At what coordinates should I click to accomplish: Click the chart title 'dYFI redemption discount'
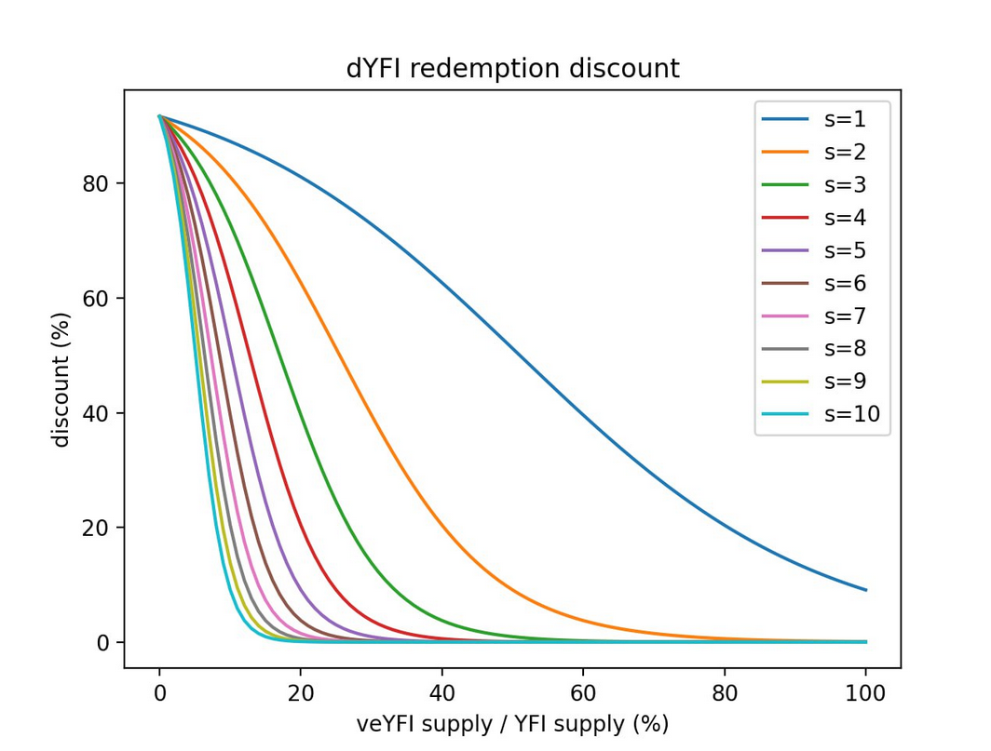coord(512,69)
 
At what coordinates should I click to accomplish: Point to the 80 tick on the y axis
coord(97,183)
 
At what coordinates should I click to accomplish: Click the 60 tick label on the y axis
coord(97,299)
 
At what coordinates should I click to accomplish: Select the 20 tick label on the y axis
coord(97,528)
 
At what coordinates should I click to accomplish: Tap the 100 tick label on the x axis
coord(866,692)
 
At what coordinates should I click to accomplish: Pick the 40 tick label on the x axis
coord(442,692)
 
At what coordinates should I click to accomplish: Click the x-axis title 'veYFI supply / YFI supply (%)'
coord(512,724)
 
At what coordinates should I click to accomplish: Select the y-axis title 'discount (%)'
coord(61,379)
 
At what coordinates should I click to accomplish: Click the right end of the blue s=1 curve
coord(866,590)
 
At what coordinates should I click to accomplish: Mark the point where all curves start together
coord(160,116)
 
